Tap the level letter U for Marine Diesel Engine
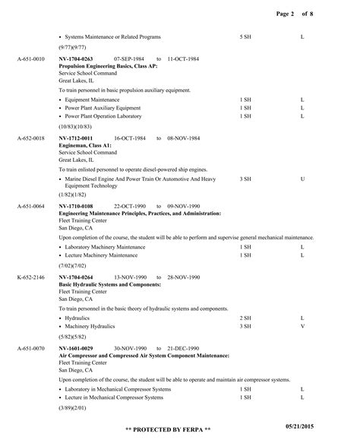pos(302,179)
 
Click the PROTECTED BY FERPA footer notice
pos(173,429)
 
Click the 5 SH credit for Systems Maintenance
pos(245,36)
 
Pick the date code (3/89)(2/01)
pos(75,408)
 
